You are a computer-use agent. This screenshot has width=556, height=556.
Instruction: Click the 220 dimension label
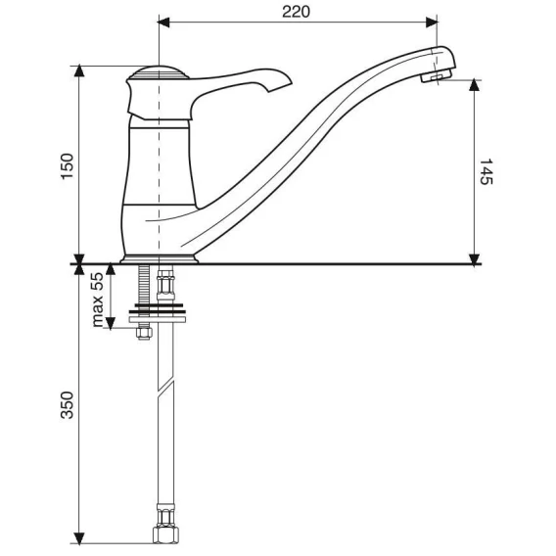tap(296, 12)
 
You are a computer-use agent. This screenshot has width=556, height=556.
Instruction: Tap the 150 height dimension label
tap(68, 166)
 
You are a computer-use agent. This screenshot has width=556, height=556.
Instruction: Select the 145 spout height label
tap(486, 171)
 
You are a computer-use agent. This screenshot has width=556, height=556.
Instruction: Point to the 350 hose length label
tap(68, 405)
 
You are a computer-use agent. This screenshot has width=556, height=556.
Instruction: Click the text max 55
tap(97, 300)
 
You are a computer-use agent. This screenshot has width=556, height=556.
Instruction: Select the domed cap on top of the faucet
tap(159, 72)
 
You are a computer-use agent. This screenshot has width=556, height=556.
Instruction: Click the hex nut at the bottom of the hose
tap(164, 535)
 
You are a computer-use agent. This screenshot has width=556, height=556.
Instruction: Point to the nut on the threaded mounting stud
tap(144, 334)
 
